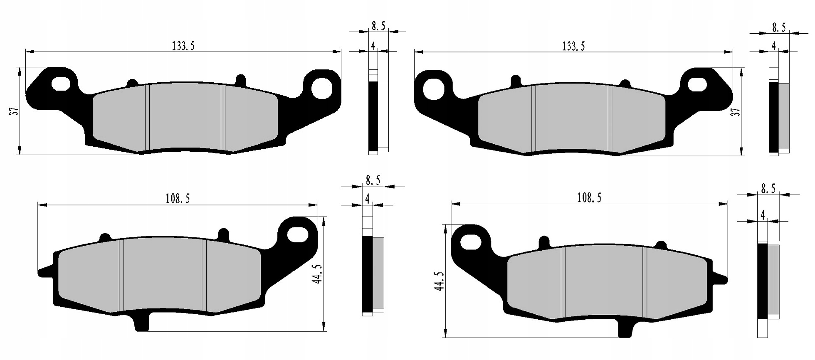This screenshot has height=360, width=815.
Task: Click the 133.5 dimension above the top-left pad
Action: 183,46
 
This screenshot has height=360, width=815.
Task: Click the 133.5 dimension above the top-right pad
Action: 573,46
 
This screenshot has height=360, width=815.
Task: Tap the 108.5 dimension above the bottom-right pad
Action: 589,198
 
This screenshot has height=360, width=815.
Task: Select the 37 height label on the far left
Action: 15,111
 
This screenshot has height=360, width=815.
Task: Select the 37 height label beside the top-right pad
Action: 737,112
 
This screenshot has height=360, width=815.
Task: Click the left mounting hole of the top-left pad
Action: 61,84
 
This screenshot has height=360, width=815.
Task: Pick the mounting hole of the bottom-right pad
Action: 470,242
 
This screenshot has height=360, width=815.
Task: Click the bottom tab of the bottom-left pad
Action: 142,324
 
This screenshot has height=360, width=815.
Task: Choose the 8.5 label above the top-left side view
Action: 378,27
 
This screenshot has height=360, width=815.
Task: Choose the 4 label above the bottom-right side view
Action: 762,215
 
